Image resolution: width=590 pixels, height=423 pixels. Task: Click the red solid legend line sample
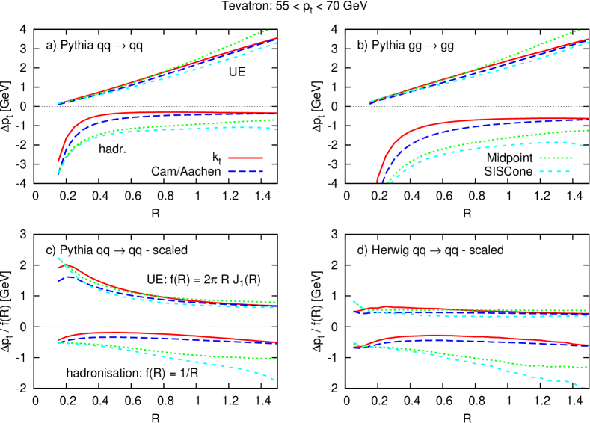point(245,158)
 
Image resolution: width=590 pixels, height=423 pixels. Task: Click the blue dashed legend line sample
point(245,171)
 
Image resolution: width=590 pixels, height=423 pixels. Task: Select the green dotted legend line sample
point(555,158)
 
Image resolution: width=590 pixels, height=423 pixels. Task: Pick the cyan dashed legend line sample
point(555,171)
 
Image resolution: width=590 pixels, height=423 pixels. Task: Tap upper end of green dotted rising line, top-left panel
point(268,31)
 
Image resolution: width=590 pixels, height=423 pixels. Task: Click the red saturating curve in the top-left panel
point(150,113)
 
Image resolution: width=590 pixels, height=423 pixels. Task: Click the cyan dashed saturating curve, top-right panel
point(486,149)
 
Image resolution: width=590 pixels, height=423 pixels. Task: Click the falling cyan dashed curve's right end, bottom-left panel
point(274,380)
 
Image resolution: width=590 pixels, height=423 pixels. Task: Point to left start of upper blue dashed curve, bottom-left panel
point(59,281)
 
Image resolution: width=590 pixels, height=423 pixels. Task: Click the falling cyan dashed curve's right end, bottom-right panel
point(583,387)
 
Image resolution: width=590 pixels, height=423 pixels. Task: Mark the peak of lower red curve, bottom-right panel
point(426,336)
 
